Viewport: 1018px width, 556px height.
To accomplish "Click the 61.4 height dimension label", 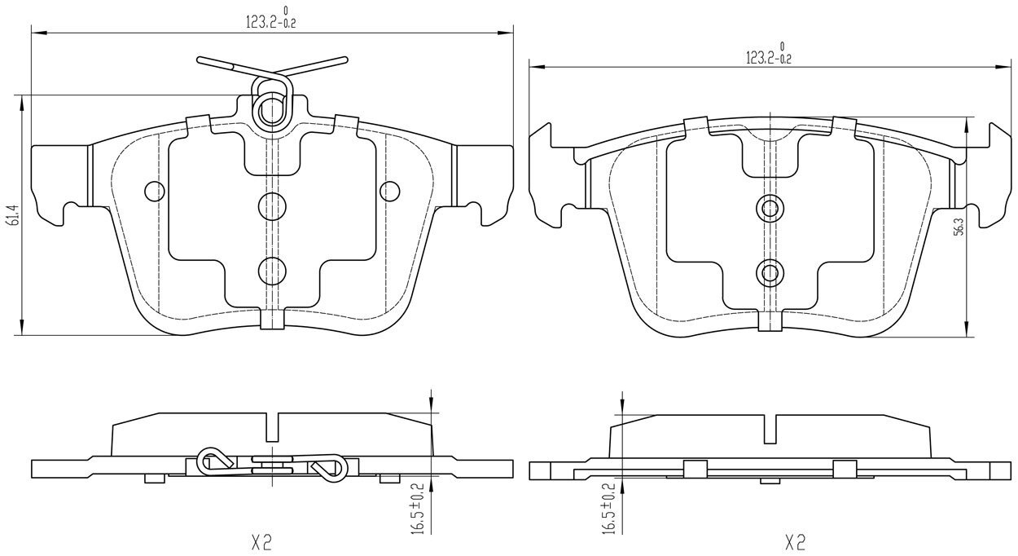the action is [14, 215].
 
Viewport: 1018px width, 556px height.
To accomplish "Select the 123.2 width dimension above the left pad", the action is [271, 18].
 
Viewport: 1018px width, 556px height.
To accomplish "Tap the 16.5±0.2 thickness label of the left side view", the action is [419, 508].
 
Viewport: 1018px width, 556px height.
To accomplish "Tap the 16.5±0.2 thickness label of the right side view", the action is [609, 509].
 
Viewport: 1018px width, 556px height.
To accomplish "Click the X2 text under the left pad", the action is [261, 542].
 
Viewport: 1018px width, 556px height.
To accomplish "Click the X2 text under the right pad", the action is [795, 542].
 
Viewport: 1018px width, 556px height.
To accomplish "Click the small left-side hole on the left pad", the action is [155, 191].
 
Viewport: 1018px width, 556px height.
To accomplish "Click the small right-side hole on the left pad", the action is [389, 191].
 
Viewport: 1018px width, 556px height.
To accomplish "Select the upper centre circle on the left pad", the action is [272, 206].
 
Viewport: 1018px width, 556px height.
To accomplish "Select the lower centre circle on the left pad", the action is [272, 271].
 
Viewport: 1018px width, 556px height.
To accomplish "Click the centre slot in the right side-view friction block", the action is [770, 429].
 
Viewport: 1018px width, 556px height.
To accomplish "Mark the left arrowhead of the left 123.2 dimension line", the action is [38, 33].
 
